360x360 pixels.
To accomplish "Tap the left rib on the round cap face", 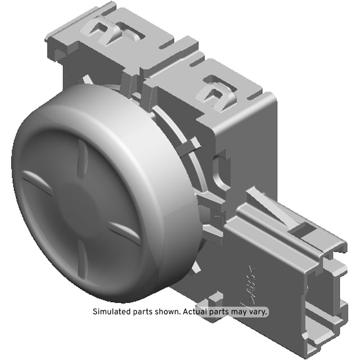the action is tap(37, 182).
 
